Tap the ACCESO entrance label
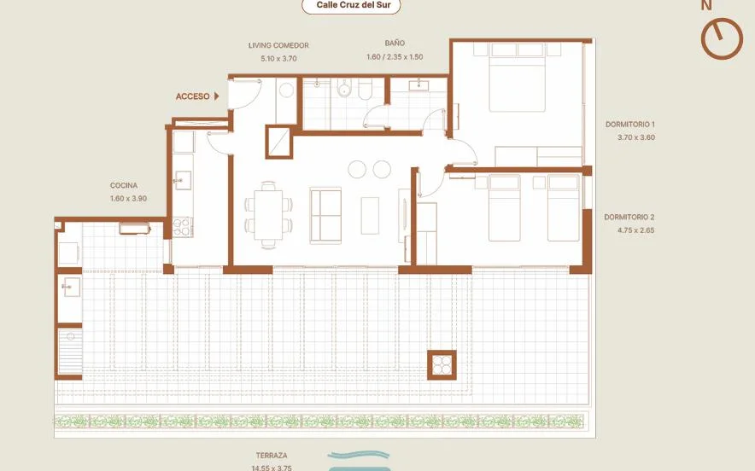point(193,96)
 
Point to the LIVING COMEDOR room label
point(278,45)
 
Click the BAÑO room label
point(395,43)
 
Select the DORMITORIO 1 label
point(629,124)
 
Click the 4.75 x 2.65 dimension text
point(635,230)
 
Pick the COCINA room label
point(124,185)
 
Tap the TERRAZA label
point(272,455)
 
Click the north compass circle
point(722,38)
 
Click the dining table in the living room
point(269,214)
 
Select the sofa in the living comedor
point(325,216)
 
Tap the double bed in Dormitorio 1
point(517,78)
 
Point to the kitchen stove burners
point(183,227)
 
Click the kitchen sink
point(183,180)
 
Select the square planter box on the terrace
point(442,364)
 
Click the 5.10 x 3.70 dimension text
point(278,59)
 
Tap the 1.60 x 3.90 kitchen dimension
point(128,198)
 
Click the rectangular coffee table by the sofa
point(370,216)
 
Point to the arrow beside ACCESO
point(217,96)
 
